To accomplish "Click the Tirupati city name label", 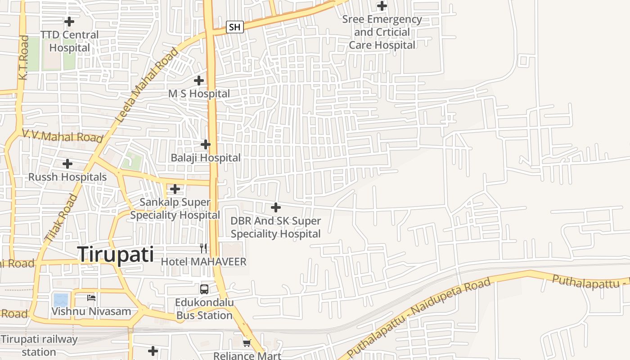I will (x=116, y=255).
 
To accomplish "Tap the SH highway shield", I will (x=234, y=27).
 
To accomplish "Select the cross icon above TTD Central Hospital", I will (x=69, y=21).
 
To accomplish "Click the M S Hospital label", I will (x=199, y=94).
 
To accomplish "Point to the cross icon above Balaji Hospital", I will (x=206, y=144).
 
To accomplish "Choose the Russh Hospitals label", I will (x=67, y=177).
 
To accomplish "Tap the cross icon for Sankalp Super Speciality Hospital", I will (x=175, y=189).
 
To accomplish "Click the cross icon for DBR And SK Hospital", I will (x=276, y=207).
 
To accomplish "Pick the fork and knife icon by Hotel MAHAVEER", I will (x=204, y=248).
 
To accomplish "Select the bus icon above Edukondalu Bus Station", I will (x=204, y=289).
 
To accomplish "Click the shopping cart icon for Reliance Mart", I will (x=247, y=343).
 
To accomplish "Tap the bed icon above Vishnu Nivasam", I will (x=91, y=297).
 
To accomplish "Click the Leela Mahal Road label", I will (x=147, y=85).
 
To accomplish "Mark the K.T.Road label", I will (x=24, y=58).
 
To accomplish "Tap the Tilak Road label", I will (x=61, y=217).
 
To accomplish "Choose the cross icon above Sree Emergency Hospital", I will (x=382, y=6).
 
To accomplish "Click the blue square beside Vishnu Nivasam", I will (x=61, y=299).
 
